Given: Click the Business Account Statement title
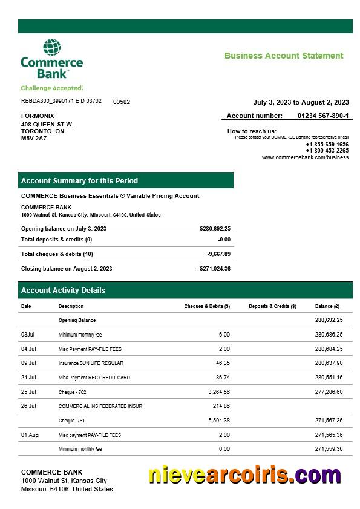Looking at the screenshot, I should click(x=284, y=56).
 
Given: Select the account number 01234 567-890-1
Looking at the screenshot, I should click(x=322, y=116).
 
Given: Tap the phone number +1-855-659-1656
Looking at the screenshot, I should click(x=327, y=145).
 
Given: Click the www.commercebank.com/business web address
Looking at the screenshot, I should click(x=305, y=157).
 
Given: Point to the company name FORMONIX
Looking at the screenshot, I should click(x=38, y=116).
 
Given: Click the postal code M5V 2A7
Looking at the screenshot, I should click(x=34, y=138).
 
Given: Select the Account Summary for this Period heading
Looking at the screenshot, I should click(x=79, y=180).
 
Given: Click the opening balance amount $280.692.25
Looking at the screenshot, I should click(x=215, y=229).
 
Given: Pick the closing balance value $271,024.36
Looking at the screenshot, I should click(x=214, y=268).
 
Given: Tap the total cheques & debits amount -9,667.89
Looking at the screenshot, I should click(x=218, y=254).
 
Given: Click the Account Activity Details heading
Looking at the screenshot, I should click(x=63, y=291).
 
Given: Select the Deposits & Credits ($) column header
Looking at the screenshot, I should click(x=272, y=306).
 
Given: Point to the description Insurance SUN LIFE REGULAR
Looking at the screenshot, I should click(x=91, y=363).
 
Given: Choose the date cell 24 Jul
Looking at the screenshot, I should click(x=29, y=378).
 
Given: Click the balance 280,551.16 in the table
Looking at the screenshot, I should click(x=329, y=378).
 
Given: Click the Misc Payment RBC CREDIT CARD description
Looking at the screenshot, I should click(x=94, y=378).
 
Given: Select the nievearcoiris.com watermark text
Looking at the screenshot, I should click(x=245, y=476).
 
